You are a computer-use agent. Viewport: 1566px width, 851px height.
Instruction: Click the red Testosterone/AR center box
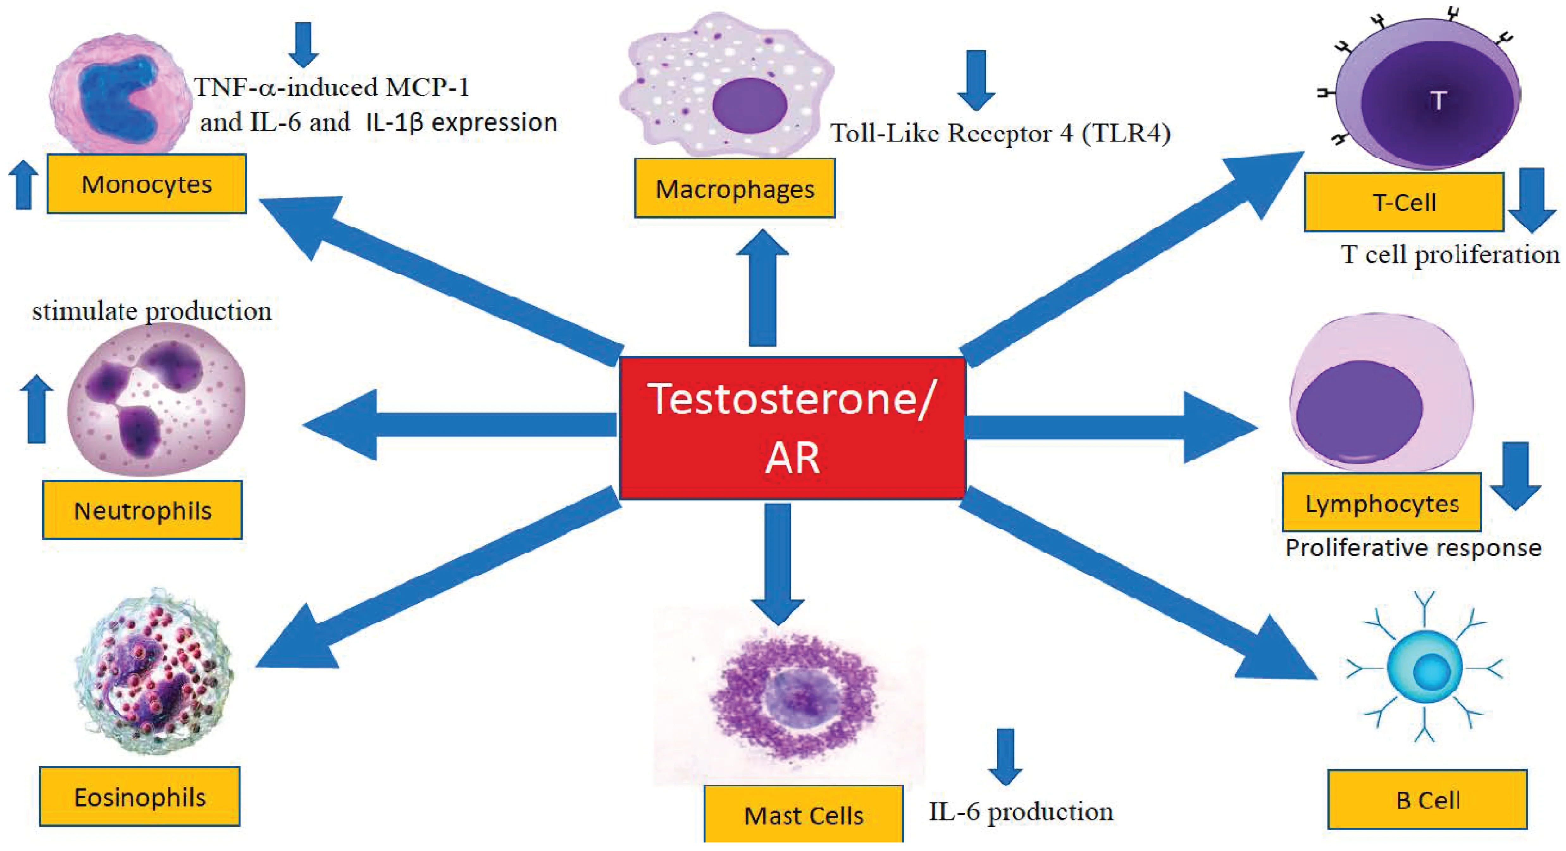792,428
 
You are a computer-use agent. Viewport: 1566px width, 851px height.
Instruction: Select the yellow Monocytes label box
146,184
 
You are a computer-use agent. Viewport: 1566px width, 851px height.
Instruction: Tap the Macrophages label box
734,189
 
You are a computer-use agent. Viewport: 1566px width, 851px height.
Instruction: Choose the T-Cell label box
1404,202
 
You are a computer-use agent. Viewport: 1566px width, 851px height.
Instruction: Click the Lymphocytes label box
1381,503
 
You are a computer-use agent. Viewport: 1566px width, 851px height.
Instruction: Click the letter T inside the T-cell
1438,100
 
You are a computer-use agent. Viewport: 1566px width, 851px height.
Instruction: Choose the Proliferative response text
1413,548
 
